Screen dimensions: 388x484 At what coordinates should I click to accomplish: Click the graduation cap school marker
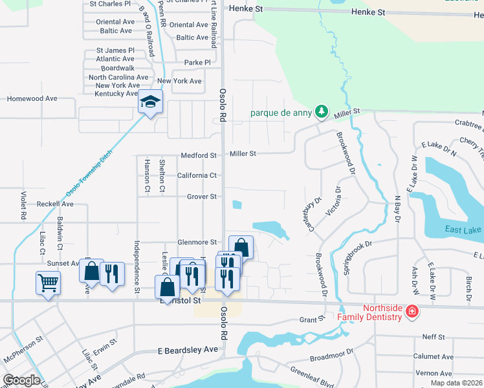point(150,102)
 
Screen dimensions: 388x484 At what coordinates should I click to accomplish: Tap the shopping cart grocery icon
point(49,282)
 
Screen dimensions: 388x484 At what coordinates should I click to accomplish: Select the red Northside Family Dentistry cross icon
point(412,312)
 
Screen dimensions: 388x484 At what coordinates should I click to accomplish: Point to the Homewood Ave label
point(32,99)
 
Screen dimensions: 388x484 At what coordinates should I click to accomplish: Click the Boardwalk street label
point(117,68)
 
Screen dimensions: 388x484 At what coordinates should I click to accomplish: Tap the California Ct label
point(197,175)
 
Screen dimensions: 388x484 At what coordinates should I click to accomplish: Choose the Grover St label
point(201,197)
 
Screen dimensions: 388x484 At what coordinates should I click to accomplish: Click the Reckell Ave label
point(55,204)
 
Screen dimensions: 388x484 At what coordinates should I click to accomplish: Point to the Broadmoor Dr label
point(332,356)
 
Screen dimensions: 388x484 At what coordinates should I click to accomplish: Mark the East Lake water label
point(463,230)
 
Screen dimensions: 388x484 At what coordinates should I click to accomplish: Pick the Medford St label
point(199,155)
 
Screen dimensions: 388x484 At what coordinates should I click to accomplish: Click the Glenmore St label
point(197,242)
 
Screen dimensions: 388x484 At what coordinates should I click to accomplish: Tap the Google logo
point(22,380)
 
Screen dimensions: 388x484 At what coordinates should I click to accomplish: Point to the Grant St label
point(311,319)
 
